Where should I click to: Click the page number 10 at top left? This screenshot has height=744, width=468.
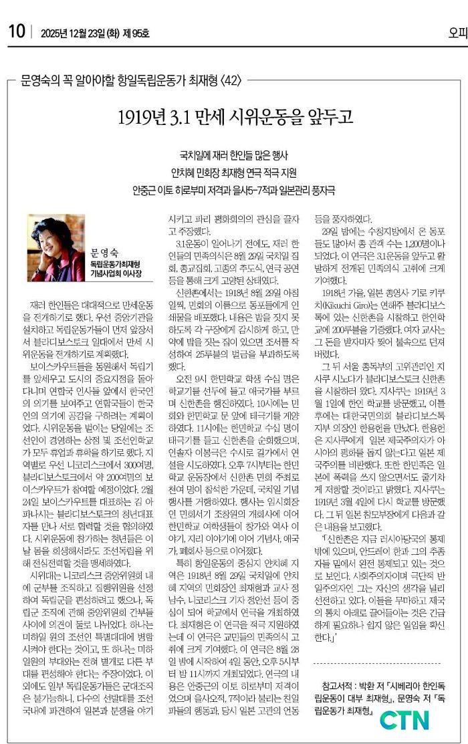click(16, 31)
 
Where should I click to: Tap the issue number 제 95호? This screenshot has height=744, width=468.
click(136, 32)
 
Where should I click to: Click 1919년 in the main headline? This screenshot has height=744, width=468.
click(138, 118)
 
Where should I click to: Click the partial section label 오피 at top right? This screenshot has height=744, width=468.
click(457, 31)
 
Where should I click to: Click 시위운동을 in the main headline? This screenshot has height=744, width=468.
click(263, 118)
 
